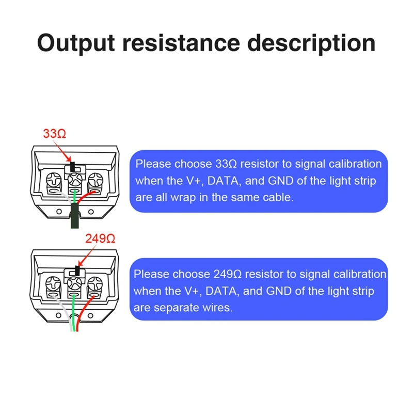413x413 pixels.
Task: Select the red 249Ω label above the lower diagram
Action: [x=98, y=239]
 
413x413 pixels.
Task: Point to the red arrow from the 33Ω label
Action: [x=63, y=151]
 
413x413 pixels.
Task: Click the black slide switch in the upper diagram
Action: [x=73, y=167]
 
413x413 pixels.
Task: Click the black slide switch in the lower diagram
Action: [x=77, y=270]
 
